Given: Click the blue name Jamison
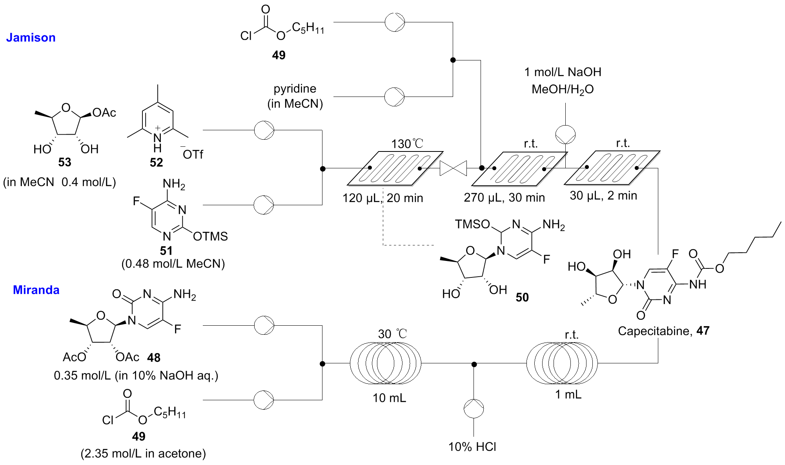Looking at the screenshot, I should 31,38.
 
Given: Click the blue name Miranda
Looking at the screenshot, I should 36,290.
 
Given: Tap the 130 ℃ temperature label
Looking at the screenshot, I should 407,144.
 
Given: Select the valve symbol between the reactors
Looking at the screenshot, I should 453,168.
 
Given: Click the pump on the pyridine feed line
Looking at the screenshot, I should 394,97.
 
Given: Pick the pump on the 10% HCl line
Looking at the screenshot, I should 474,409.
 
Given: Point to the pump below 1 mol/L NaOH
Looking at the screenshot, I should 565,135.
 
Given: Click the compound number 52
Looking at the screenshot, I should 156,162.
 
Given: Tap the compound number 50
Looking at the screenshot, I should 522,297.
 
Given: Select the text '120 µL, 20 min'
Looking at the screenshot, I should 382,198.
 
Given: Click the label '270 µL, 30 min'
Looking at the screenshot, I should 504,197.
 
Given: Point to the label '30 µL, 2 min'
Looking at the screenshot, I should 603,195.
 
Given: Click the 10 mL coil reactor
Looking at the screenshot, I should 385,363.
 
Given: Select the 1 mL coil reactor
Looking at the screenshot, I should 562,363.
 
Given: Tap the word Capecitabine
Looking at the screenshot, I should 653,331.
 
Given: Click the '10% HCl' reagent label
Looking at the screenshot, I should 472,447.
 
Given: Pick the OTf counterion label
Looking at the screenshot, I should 192,154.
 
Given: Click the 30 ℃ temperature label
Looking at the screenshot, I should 392,334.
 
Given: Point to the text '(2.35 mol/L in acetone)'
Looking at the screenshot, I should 143,454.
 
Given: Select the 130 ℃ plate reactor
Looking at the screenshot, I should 395,168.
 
